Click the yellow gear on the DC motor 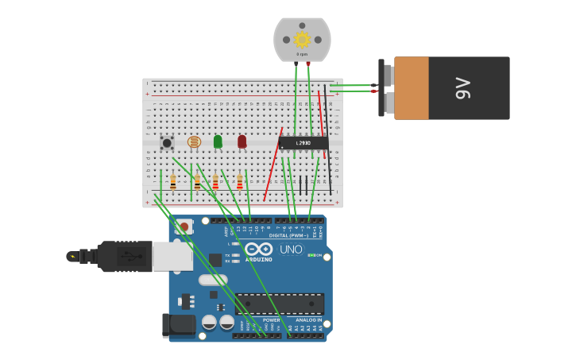tap(302, 39)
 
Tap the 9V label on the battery tap(462, 88)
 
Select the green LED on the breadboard tap(218, 141)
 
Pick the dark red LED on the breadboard tap(242, 141)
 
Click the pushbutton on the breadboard tap(167, 143)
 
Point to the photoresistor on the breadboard tap(194, 142)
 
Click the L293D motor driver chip tap(303, 143)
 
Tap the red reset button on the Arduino tap(184, 226)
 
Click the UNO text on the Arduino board tap(291, 250)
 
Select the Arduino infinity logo tap(258, 249)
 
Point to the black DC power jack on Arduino tap(178, 324)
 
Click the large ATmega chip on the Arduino tap(279, 304)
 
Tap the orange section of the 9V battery tap(412, 88)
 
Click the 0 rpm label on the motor tap(302, 54)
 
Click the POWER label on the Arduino tap(271, 319)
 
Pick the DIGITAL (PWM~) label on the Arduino tap(288, 235)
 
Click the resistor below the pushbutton tap(173, 183)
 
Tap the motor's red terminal tap(308, 64)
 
